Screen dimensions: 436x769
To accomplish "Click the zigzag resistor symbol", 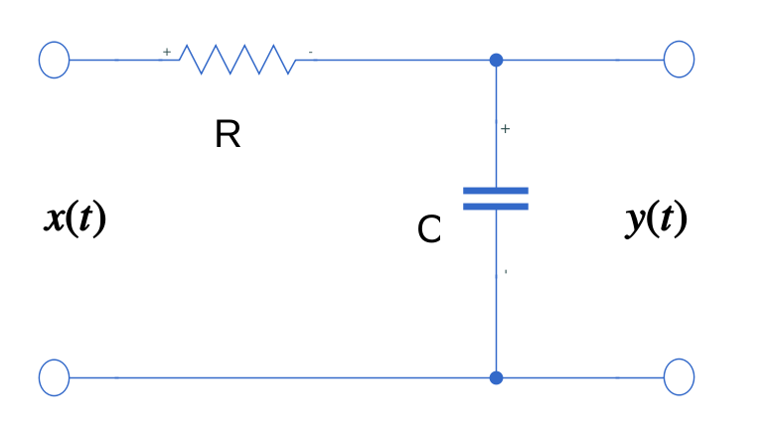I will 236,60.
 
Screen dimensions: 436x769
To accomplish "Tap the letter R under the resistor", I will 228,134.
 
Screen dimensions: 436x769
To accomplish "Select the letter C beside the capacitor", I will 429,230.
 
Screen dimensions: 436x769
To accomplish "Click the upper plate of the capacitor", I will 496,190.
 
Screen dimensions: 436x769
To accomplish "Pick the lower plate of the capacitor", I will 496,207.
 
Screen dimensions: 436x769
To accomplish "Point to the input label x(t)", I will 76,218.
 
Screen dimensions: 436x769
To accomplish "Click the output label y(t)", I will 656,218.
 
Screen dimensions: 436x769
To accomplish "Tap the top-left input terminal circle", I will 54,60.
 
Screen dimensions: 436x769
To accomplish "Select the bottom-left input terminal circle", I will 54,377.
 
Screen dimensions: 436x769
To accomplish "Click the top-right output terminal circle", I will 679,60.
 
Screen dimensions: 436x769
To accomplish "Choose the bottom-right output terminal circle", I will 679,377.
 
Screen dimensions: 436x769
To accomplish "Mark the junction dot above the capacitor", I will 497,60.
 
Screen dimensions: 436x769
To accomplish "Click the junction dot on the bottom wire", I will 497,377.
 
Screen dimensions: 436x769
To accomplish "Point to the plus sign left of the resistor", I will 167,51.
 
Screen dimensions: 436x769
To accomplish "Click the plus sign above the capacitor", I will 506,129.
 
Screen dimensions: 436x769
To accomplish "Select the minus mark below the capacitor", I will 506,271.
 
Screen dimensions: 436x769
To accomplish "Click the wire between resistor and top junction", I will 397,60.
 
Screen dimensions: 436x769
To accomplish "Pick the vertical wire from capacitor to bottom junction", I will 496,298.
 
